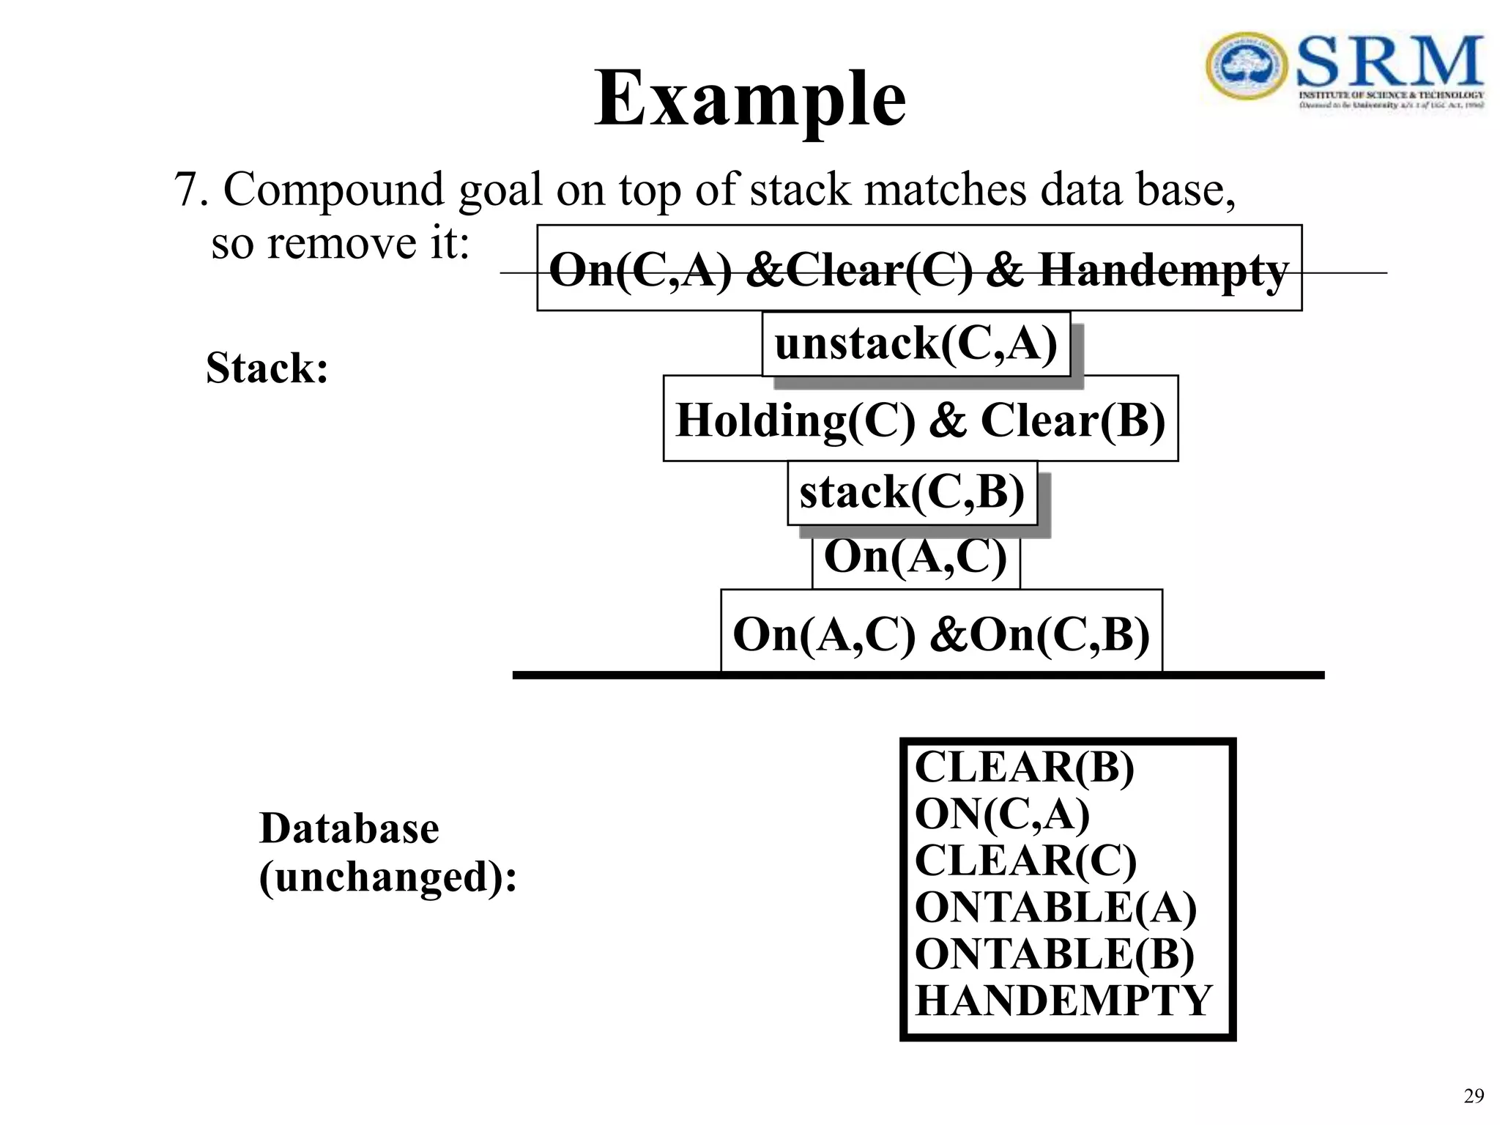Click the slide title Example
click(x=749, y=99)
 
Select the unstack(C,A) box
click(x=916, y=344)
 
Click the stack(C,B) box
click(x=912, y=492)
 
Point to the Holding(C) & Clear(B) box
click(x=920, y=420)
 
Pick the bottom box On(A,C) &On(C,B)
click(x=941, y=634)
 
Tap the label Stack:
click(x=267, y=368)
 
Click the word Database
click(x=349, y=828)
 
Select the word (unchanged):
click(x=387, y=876)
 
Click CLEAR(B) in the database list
click(x=1024, y=768)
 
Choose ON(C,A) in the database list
click(x=1001, y=814)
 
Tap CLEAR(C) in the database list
click(x=1025, y=861)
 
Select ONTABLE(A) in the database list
click(x=1055, y=907)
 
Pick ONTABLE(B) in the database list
click(x=1054, y=954)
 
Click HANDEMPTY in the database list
click(x=1063, y=1000)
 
